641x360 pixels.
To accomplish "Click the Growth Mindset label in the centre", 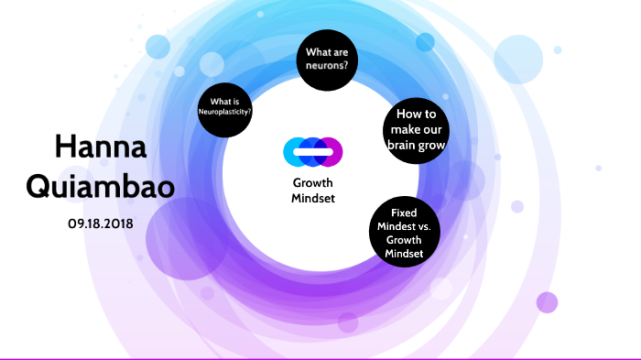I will pyautogui.click(x=313, y=190).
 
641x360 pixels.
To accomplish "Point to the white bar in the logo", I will pyautogui.click(x=313, y=151).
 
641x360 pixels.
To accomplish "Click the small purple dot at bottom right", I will pyautogui.click(x=547, y=302).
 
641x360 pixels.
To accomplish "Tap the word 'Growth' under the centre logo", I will pyautogui.click(x=313, y=182).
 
